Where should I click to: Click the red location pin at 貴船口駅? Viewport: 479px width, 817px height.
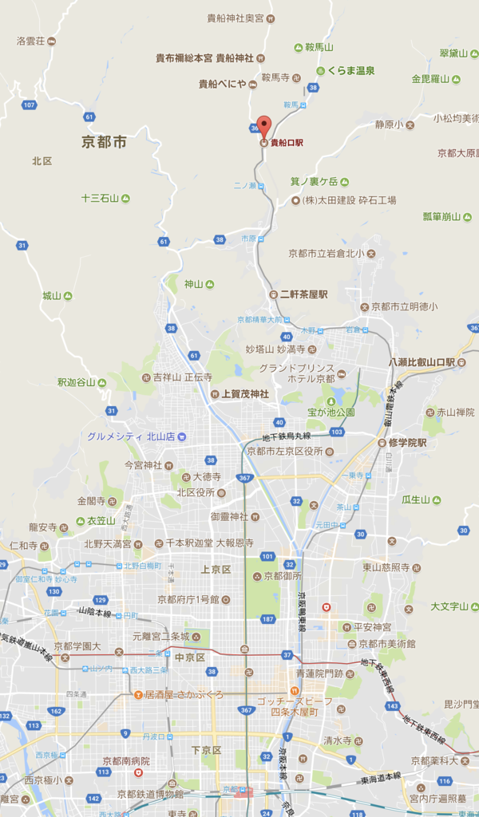click(263, 125)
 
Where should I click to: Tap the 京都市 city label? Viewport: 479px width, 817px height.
click(105, 142)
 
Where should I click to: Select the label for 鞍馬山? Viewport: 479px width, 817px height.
click(319, 47)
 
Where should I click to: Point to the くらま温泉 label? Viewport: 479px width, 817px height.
click(350, 70)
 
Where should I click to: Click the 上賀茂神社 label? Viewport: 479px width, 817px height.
click(245, 393)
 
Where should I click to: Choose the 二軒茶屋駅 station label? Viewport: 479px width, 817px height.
click(303, 294)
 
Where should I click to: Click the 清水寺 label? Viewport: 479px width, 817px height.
click(337, 740)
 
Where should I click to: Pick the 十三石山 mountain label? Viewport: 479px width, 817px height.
click(101, 197)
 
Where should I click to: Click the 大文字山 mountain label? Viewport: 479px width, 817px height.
click(449, 606)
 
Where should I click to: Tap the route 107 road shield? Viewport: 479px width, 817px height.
click(30, 105)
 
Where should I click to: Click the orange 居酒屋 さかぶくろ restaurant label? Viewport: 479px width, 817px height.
click(184, 694)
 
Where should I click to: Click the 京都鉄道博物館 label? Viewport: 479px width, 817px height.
click(150, 794)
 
